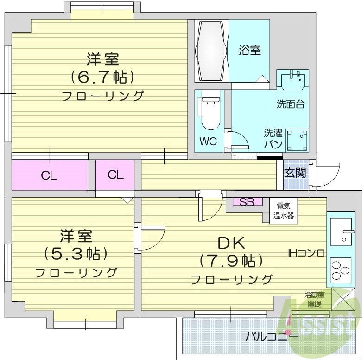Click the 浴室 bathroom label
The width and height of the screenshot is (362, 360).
click(x=250, y=50)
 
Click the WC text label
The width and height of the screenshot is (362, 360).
click(x=209, y=141)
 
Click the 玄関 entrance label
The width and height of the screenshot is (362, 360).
click(x=295, y=173)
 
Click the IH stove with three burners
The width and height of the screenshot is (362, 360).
click(x=341, y=270)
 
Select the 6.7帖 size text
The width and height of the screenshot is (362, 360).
click(x=102, y=76)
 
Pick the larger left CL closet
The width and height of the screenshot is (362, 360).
click(x=50, y=175)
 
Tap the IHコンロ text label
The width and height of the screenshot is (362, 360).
click(x=305, y=253)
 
